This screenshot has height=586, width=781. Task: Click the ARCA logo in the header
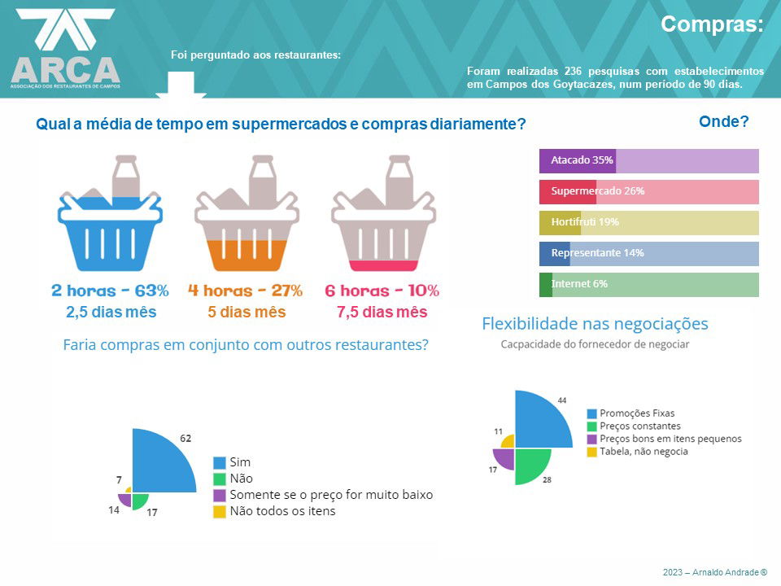point(65,49)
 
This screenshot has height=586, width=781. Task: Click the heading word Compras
point(712,24)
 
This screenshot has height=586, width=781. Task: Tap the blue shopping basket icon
point(110,216)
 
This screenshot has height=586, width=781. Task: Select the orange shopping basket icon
point(247,216)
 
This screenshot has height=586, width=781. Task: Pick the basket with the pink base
point(383,216)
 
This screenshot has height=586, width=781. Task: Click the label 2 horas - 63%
point(110,291)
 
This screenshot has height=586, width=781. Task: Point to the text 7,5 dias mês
point(382,313)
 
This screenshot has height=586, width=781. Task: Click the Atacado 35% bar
point(648,160)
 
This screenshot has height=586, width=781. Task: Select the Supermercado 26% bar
point(648,191)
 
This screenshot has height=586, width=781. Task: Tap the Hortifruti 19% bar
point(648,222)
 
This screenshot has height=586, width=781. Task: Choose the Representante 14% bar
point(648,253)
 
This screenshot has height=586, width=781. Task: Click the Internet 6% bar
point(648,284)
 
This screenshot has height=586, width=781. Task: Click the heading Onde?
point(723,122)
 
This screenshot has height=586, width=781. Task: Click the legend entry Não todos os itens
point(282,512)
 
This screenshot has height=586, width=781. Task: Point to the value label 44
point(561,400)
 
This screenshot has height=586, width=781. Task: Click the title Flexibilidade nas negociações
point(595,324)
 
